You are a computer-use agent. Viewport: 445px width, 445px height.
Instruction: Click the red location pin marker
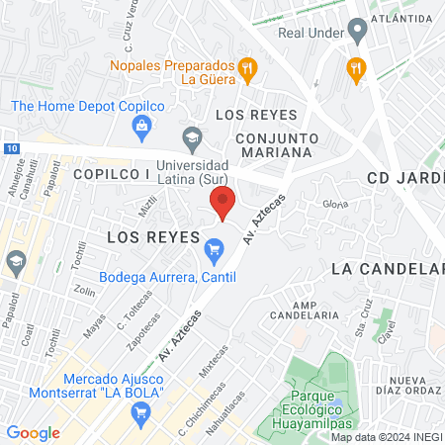tap(223, 202)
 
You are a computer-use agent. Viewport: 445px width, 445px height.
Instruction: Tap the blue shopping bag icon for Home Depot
tap(142, 125)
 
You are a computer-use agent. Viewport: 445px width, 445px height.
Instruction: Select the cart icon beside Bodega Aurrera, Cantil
tap(212, 254)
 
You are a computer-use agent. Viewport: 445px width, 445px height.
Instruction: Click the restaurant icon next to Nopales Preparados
tap(247, 68)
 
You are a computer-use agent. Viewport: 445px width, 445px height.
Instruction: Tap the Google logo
tap(34, 432)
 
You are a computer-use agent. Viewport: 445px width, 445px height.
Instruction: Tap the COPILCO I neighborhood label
tap(110, 174)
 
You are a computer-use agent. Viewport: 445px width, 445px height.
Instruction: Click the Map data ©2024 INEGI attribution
tap(387, 436)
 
